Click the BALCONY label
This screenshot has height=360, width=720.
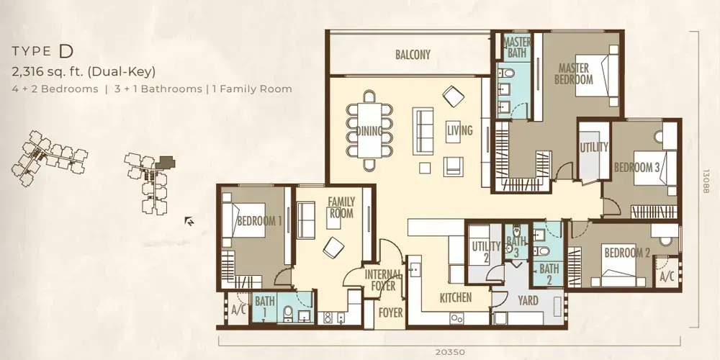(x=413, y=55)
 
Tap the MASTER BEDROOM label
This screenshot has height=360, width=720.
(x=574, y=73)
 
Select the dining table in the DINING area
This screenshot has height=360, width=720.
(x=369, y=131)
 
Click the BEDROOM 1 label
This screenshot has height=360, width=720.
(x=258, y=221)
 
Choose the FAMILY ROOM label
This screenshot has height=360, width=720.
(x=341, y=208)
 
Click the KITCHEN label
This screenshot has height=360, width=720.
(x=456, y=297)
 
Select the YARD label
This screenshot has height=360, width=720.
(x=528, y=300)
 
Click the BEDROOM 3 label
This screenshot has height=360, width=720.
(x=636, y=167)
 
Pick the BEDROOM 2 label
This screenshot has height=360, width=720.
(x=627, y=253)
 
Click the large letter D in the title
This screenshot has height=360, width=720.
(x=66, y=51)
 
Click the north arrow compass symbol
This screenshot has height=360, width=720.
(x=189, y=221)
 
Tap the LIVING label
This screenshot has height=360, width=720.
(x=459, y=130)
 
